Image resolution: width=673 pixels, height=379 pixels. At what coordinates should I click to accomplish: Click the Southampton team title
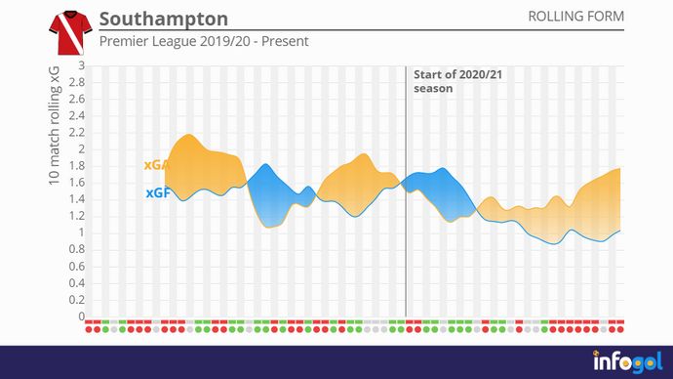(164, 20)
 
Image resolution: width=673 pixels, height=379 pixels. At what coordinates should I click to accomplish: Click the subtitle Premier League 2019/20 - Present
(204, 42)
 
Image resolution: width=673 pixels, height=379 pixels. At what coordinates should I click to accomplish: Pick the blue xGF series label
(158, 193)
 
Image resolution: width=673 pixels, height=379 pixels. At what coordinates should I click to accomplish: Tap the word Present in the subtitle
(285, 42)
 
